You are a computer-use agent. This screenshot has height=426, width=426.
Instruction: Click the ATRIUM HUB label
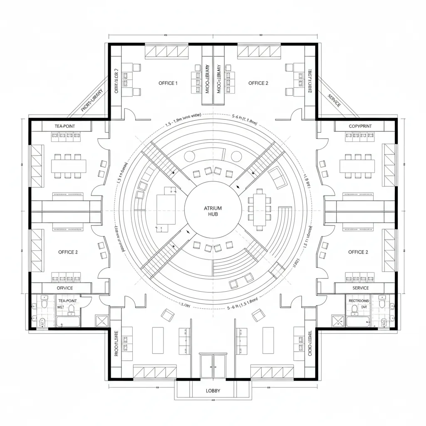213,211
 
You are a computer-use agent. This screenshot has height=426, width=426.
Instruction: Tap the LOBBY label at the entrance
213,391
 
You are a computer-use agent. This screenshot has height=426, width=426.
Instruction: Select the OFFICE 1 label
168,83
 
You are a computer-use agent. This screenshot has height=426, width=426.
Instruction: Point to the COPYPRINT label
360,126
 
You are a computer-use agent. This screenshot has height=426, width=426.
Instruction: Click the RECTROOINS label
359,300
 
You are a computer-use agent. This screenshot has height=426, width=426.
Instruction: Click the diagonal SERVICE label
334,100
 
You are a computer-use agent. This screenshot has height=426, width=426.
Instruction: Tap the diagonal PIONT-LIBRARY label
92,101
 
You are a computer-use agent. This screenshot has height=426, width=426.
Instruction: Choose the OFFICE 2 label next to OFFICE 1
258,83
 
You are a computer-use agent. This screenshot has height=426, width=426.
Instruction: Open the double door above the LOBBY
213,366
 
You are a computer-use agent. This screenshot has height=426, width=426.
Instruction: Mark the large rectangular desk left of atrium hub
166,209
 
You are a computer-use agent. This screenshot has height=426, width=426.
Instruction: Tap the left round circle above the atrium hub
190,156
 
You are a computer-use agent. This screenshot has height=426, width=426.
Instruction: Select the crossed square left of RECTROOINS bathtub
337,321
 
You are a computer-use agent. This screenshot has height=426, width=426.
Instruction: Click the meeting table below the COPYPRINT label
357,166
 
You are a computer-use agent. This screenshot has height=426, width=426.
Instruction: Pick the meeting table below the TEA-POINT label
69,166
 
